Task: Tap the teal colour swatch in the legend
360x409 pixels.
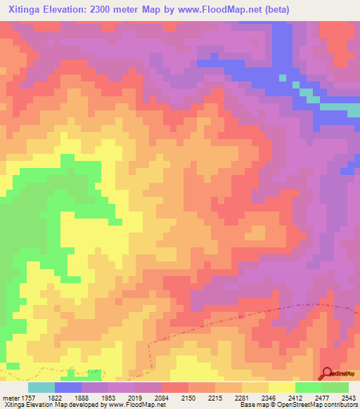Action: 41,387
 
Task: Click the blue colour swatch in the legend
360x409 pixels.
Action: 68,387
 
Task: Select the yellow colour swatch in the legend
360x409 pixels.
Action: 282,387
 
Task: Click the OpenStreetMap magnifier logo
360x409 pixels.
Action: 328,373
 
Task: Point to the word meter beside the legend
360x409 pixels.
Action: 9,398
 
